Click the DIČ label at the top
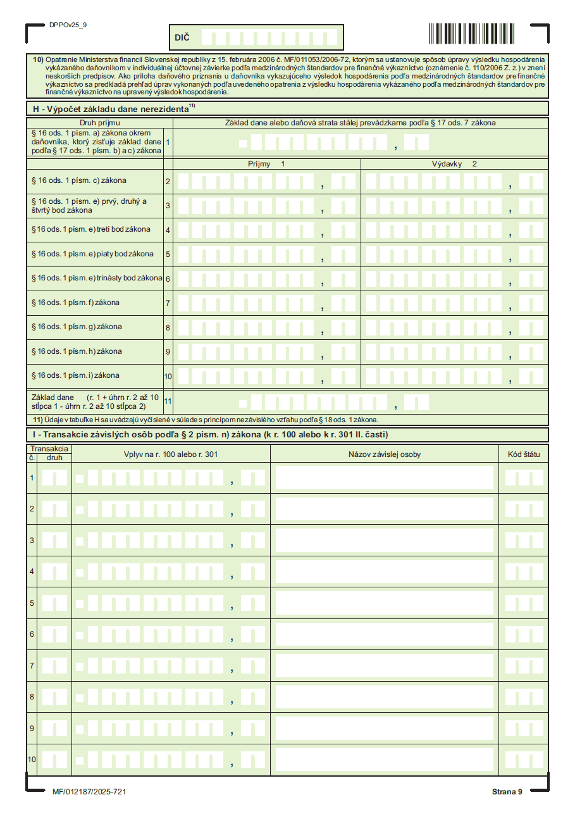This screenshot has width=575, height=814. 182,38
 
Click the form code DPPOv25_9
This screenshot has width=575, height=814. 68,25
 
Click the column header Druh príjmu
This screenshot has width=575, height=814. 99,123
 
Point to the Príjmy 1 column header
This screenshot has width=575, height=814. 266,164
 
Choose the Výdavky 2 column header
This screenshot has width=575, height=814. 454,164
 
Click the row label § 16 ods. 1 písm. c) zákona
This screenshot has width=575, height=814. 79,181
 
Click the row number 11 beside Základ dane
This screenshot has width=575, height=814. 168,401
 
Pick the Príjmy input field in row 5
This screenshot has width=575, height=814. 266,254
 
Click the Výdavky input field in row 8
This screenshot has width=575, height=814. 454,327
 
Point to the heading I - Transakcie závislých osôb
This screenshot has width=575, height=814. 210,435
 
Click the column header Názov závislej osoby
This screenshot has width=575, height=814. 384,454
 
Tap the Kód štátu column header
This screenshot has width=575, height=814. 524,454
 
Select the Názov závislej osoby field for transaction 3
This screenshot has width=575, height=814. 384,541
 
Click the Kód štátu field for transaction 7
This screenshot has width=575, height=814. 524,666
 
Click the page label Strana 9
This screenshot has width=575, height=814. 507,792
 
